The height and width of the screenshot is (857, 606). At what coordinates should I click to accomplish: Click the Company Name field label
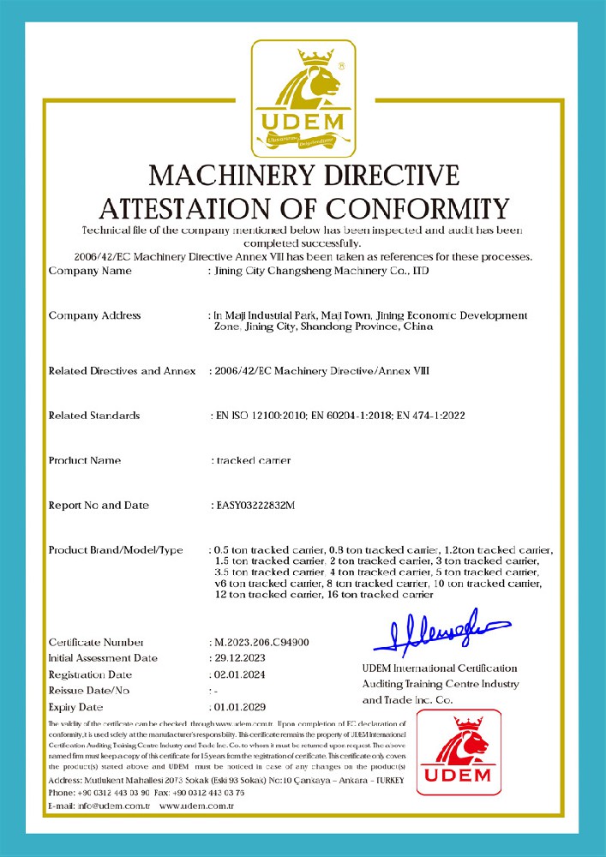pos(90,271)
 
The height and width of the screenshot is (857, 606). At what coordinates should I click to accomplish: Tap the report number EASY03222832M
pos(253,506)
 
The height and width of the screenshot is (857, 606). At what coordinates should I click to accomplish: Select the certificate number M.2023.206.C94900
pos(261,642)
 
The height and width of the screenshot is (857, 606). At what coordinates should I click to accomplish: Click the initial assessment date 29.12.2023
pos(240,658)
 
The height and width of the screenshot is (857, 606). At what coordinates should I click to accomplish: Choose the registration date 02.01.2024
pos(240,674)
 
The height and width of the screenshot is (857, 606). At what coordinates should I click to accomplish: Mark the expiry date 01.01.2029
pos(240,707)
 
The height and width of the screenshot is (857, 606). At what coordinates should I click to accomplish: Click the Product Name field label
pos(85,460)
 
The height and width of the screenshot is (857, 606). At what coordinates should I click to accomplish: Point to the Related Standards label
pos(94,416)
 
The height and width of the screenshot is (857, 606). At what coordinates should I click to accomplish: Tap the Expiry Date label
pos(76,707)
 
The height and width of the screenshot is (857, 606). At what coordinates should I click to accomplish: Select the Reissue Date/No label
pos(89,691)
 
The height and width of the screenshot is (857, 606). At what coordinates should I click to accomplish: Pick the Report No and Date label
pos(99,506)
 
